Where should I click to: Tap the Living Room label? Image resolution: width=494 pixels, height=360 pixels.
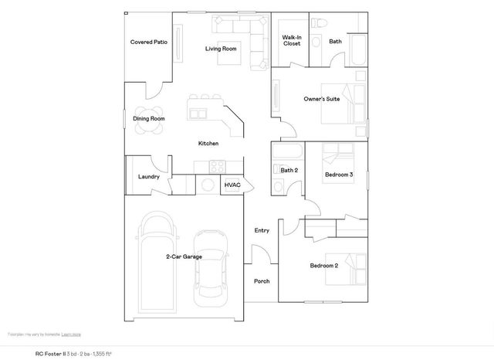pyautogui.click(x=221, y=49)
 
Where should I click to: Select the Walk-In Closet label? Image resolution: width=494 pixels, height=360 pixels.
pyautogui.click(x=291, y=40)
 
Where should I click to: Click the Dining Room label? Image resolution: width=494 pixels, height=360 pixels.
pyautogui.click(x=149, y=119)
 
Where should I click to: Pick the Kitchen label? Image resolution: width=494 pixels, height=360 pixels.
pyautogui.click(x=208, y=144)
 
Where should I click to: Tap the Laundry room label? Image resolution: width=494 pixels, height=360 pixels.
pyautogui.click(x=149, y=177)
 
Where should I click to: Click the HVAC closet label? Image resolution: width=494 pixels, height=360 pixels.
pyautogui.click(x=232, y=185)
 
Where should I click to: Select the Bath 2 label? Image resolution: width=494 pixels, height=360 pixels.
pyautogui.click(x=289, y=171)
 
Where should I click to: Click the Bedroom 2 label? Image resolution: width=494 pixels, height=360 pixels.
pyautogui.click(x=324, y=266)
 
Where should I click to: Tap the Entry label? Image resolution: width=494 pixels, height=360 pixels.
pyautogui.click(x=262, y=230)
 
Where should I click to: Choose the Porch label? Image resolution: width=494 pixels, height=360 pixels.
pyautogui.click(x=262, y=281)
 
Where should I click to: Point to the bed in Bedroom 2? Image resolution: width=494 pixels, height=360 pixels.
pyautogui.click(x=350, y=267)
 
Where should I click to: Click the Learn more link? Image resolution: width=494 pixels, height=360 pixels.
pyautogui.click(x=71, y=335)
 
